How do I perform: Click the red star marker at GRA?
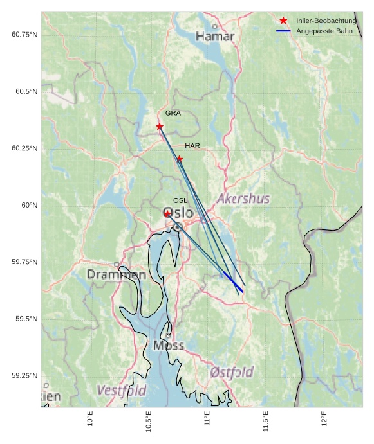160,127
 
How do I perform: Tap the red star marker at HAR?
180,159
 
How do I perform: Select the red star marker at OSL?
167,214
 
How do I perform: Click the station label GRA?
173,113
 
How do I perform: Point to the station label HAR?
192,146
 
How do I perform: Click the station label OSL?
180,200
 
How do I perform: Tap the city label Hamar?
215,37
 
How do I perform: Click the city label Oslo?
178,213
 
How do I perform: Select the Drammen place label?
117,274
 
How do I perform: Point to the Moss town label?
169,346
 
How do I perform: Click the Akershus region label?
243,199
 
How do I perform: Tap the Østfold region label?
232,372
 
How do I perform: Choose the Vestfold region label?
122,390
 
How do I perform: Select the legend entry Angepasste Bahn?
324,31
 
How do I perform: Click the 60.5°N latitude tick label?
24,92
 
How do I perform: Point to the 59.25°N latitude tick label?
24,376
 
